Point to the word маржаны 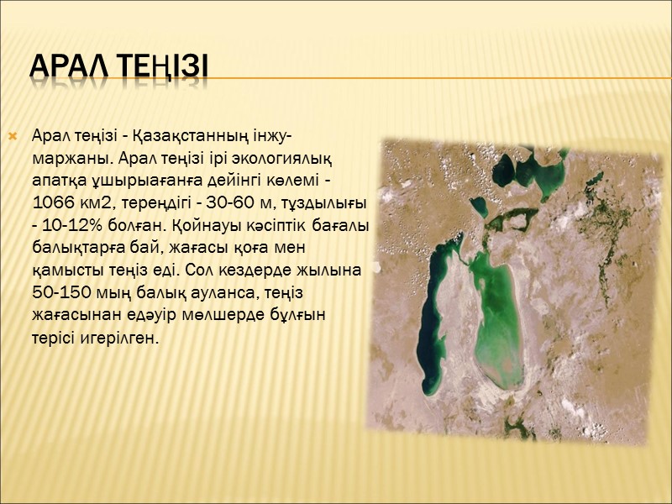click(x=73, y=158)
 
